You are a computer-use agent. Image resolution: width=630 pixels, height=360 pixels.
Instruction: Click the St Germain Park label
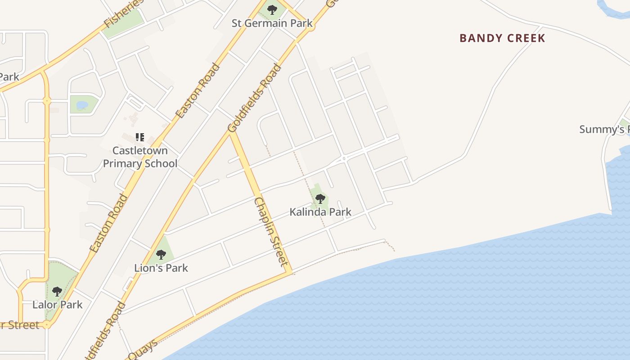272,23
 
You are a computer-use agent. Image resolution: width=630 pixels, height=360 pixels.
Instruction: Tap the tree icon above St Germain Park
272,9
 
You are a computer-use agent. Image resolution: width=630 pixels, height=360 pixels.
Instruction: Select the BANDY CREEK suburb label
502,38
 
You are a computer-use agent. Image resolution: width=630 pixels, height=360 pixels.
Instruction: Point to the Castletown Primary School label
140,157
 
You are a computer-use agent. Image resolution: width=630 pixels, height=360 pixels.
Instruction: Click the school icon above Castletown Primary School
140,137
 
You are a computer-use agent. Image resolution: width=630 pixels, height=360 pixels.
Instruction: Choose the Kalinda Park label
320,211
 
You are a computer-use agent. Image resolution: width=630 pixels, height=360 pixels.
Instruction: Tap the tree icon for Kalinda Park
320,198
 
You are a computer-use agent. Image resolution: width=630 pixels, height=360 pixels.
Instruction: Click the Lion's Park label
161,268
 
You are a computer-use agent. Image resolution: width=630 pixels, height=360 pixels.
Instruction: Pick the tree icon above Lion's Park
161,254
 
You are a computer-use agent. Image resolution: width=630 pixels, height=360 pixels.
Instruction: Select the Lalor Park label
58,305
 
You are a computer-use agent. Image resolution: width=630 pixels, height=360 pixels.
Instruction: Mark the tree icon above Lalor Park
57,291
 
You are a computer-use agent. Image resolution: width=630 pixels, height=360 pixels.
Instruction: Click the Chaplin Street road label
271,231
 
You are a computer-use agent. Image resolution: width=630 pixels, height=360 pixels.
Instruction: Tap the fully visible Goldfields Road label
255,98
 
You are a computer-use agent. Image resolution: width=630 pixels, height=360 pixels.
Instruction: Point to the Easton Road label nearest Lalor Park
108,223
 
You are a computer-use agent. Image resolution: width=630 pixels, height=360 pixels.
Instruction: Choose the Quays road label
143,349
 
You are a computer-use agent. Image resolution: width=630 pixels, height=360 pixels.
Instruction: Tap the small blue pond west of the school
82,105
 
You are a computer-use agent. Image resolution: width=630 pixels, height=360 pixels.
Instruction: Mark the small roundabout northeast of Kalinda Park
343,158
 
